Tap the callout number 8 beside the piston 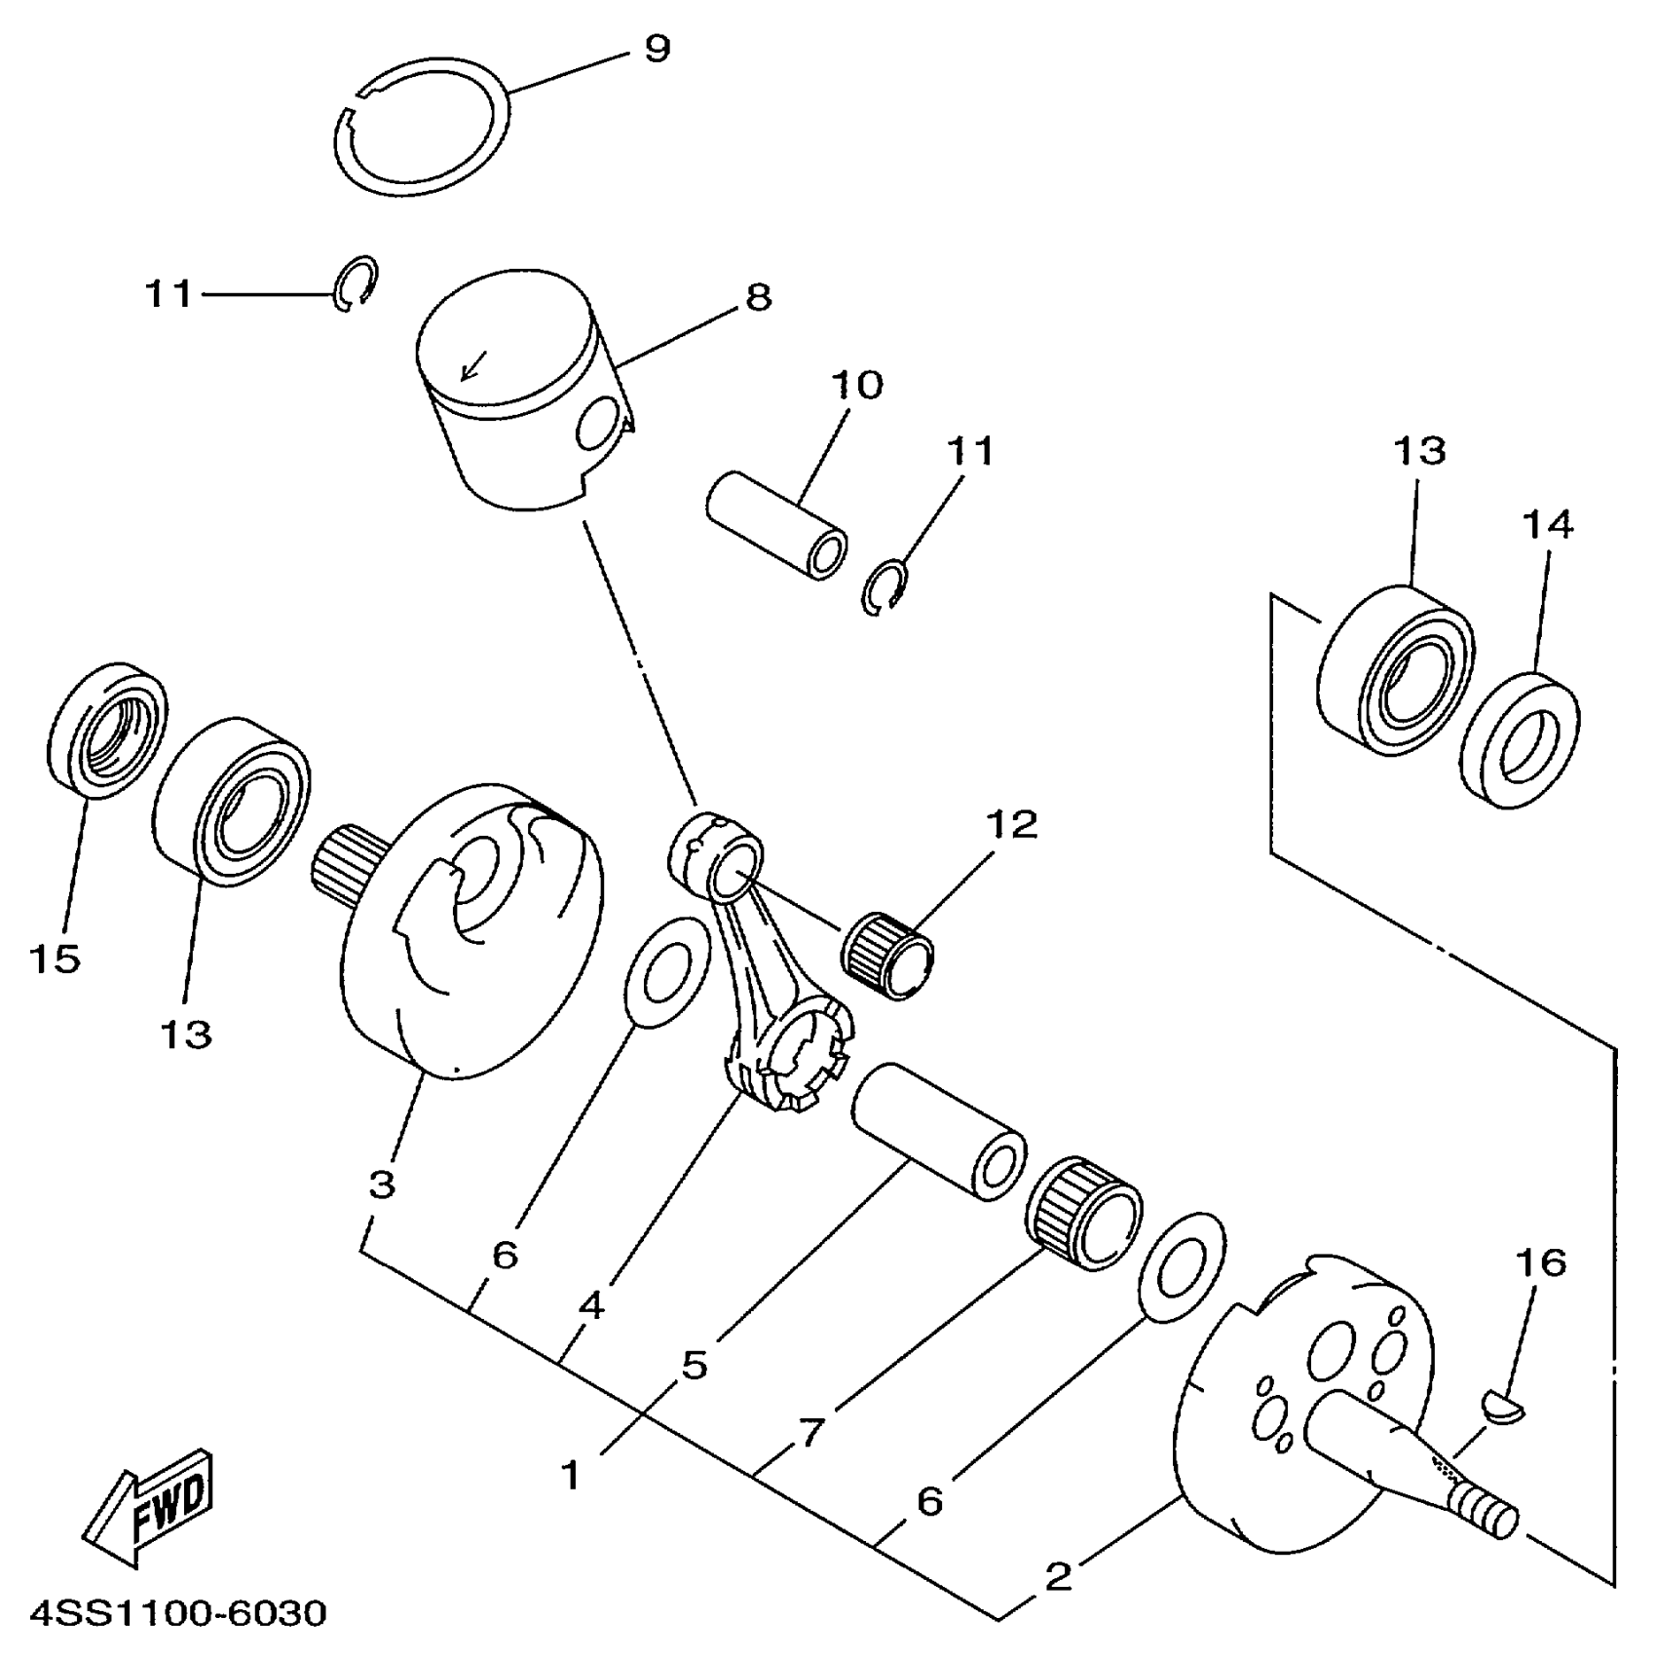point(758,296)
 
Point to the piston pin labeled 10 point(776,526)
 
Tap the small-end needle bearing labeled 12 point(887,955)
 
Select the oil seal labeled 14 point(1522,738)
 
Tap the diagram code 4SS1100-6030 point(179,1613)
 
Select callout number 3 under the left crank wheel point(382,1185)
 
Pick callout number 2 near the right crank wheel point(1058,1576)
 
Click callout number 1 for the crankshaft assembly point(571,1475)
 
